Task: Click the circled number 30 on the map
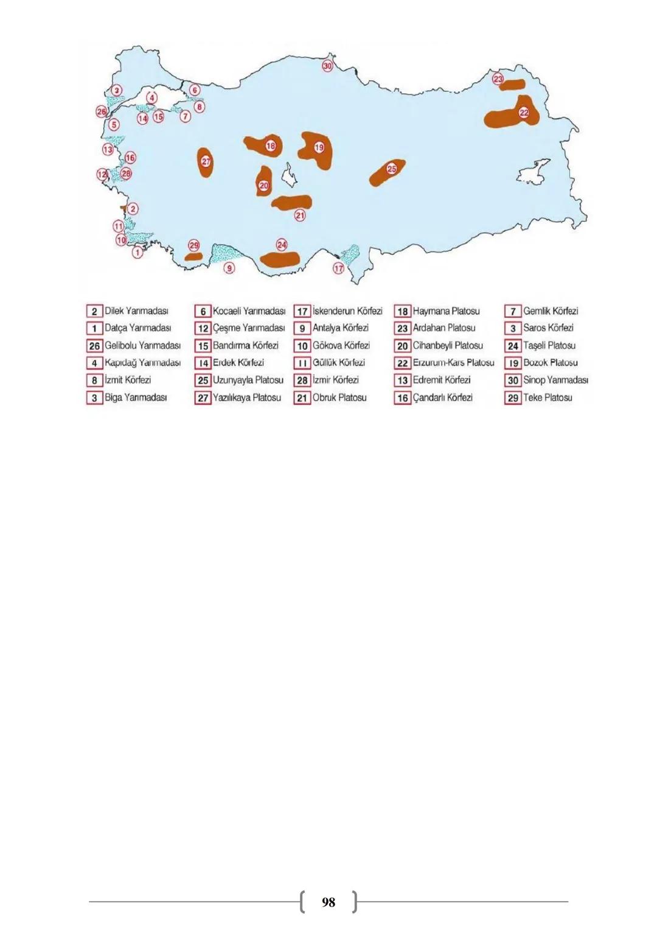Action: [327, 66]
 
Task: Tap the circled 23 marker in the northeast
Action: [498, 79]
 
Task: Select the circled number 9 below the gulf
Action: [229, 268]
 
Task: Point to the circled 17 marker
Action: [339, 268]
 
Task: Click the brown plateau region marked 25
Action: [387, 172]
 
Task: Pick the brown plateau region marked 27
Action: [206, 163]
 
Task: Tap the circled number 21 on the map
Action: [300, 215]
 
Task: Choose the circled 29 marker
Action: [194, 245]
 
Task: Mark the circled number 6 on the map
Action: [195, 90]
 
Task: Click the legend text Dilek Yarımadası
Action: [136, 311]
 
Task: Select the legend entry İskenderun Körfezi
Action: [347, 311]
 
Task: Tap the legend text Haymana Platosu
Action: [446, 311]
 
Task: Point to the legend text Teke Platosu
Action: [547, 398]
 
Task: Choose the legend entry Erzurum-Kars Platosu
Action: [453, 363]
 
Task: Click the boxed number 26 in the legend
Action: [94, 346]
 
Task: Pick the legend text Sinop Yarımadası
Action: [555, 380]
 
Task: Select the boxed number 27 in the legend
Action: [203, 398]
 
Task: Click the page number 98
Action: [328, 902]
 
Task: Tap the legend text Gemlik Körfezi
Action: [551, 311]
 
